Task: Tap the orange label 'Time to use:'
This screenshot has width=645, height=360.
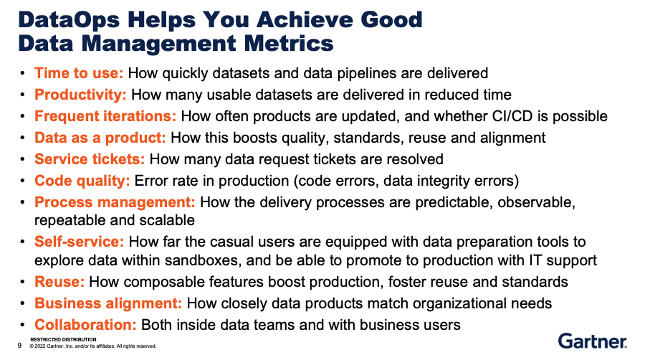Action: coord(80,73)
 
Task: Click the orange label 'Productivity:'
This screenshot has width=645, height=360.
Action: coord(81,95)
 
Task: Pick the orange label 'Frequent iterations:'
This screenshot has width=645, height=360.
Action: coord(105,116)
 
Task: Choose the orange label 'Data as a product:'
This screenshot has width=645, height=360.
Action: coord(100,138)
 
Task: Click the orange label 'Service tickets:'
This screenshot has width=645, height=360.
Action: coord(90,159)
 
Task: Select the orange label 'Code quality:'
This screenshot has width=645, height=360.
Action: coord(82,181)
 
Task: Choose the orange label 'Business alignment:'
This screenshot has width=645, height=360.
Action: coord(108,303)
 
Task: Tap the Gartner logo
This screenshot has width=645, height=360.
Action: coord(592,341)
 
